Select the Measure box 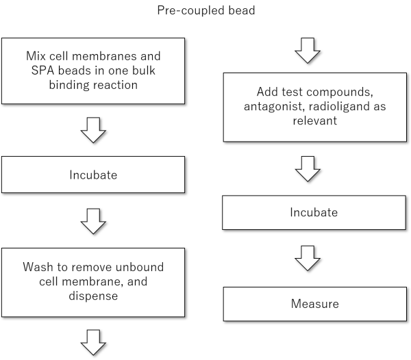[x=314, y=303]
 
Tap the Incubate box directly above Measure [x=314, y=212]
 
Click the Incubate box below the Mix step [x=93, y=175]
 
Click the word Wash [x=36, y=266]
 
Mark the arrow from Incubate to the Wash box [x=93, y=220]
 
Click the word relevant [x=314, y=121]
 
